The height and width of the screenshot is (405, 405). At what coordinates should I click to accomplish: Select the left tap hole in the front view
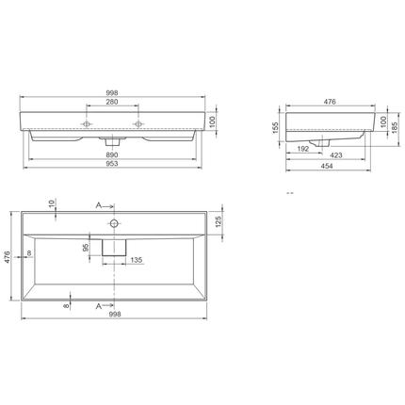coord(87,123)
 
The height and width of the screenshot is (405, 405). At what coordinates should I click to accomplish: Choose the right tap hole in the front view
coord(138,123)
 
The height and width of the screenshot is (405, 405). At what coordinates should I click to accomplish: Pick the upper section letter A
coord(97,204)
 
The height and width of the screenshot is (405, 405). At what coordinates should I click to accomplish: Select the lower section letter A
coord(97,307)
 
